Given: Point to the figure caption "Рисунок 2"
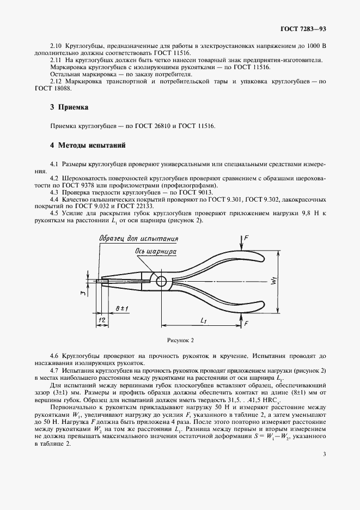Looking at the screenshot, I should (x=180, y=341).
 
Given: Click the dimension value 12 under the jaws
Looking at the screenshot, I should (x=101, y=321).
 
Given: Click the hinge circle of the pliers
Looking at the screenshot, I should (x=161, y=281).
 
